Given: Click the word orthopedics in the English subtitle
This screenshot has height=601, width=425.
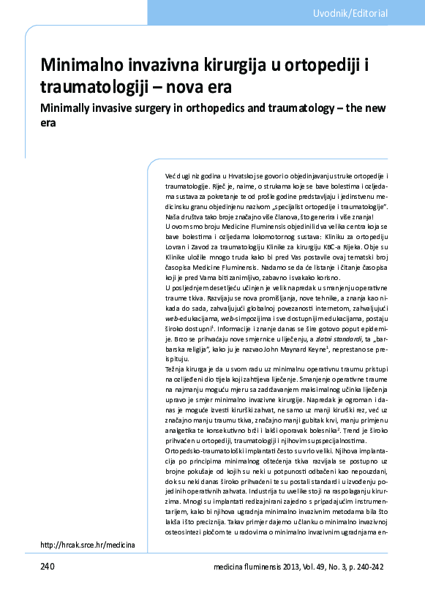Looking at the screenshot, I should [x=227, y=108].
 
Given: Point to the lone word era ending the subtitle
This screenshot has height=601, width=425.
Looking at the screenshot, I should [x=48, y=124].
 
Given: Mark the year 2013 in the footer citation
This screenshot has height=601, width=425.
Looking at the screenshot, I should [x=289, y=567].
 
